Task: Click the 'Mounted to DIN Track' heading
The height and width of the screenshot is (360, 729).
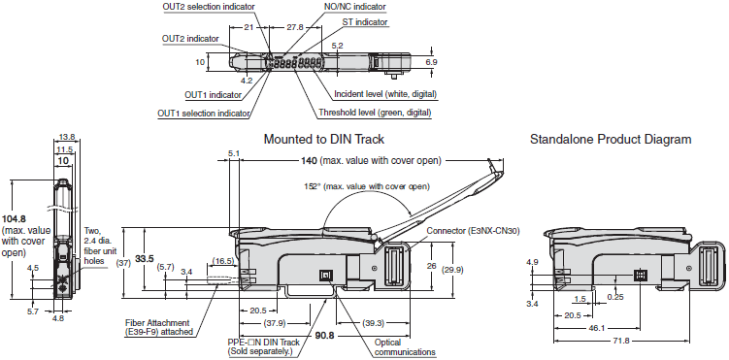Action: pos(323,139)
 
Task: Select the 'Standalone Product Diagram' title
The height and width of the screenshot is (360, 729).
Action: pos(611,139)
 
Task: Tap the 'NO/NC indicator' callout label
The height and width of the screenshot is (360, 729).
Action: pos(354,7)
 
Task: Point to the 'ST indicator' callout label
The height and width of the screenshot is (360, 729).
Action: pos(365,21)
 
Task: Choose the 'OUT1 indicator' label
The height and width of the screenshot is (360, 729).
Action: pos(213,95)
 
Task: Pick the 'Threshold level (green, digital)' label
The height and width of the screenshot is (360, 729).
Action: pos(375,113)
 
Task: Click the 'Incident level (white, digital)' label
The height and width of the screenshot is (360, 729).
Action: pos(385,94)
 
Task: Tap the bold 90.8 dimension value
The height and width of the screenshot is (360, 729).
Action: pos(324,336)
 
